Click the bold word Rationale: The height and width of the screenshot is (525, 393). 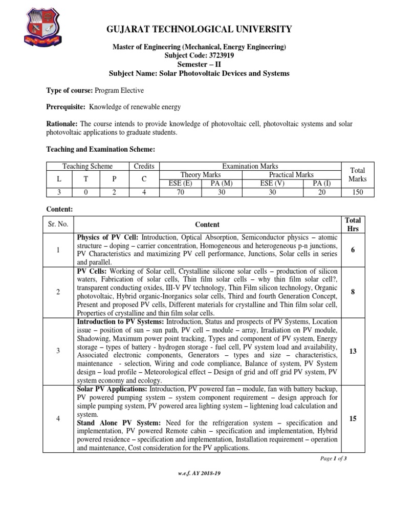pyautogui.click(x=62, y=124)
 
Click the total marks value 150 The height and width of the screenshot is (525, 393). pyautogui.click(x=358, y=191)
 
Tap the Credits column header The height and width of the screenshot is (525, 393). pyautogui.click(x=144, y=166)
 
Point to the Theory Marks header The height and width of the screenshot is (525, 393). pyautogui.click(x=201, y=175)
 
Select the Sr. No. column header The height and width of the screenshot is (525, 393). pyautogui.click(x=58, y=225)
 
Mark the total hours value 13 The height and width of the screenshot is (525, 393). pyautogui.click(x=352, y=351)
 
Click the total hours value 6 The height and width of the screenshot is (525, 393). pyautogui.click(x=352, y=250)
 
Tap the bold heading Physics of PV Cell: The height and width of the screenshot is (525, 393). pyautogui.click(x=108, y=238)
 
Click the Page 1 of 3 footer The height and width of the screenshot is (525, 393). pyautogui.click(x=333, y=458)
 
